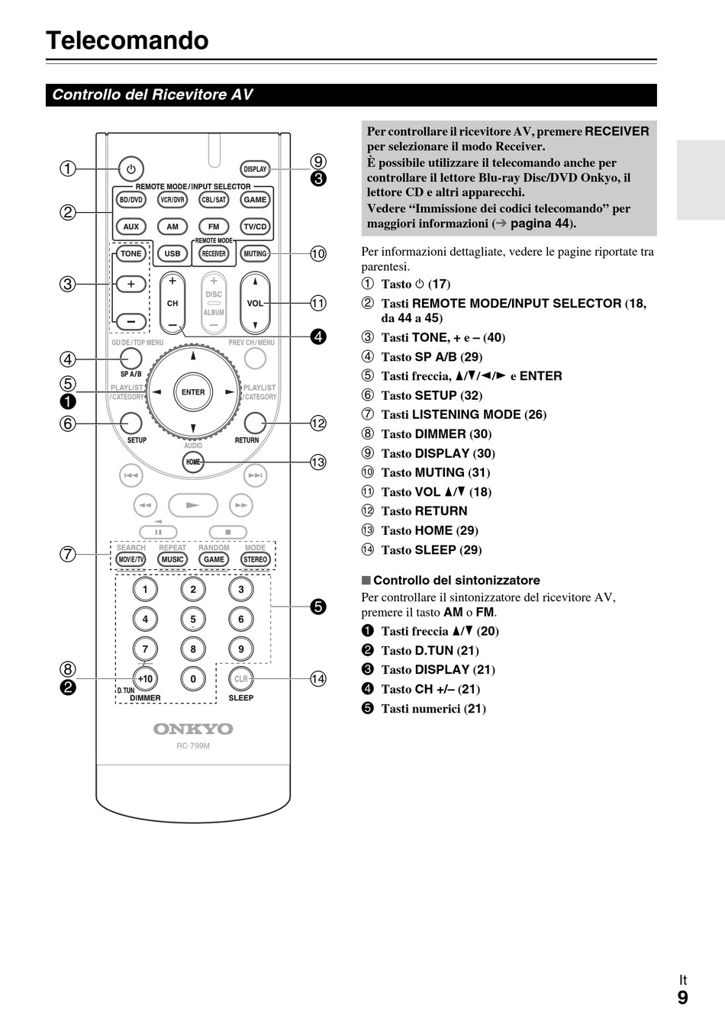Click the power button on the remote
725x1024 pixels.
coord(131,169)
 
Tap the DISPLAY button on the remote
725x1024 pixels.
coord(255,169)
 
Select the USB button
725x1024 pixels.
coord(172,253)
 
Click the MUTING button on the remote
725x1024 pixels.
coord(255,253)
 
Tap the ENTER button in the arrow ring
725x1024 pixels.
coord(193,392)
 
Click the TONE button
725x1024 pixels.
coord(130,253)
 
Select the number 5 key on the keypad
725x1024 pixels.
coord(193,619)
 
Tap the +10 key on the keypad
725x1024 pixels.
coord(145,678)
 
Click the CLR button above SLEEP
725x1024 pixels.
coord(241,678)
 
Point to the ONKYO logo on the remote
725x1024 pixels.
coord(193,729)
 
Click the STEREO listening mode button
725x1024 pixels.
coord(255,559)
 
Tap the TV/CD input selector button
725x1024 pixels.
coord(255,227)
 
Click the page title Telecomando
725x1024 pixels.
coord(127,40)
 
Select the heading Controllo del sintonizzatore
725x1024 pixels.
coord(456,580)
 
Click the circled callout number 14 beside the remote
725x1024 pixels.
coord(318,678)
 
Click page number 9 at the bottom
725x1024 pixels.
coord(682,997)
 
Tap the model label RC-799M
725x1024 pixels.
coord(193,745)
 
